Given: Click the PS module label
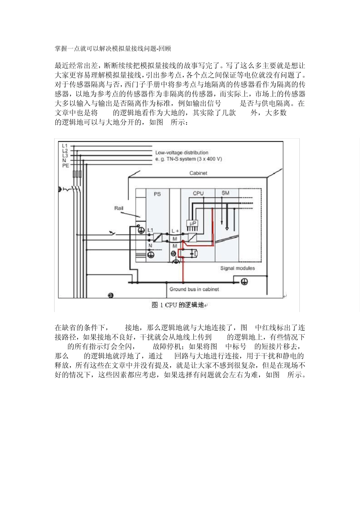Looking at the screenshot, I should point(157,194).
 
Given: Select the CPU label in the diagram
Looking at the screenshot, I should point(198,193).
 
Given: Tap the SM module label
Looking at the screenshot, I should point(225,193).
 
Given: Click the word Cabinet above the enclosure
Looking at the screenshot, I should point(198,173).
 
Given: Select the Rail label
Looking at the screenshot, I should point(119,208).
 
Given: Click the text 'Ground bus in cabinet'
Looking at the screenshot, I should point(194,289).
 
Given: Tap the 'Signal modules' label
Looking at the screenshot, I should point(238,268).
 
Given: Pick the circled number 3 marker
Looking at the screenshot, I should point(111,295).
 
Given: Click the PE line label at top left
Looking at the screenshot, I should point(65,165).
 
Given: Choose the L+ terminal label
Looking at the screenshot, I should point(175,231).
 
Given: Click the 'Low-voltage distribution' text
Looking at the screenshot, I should point(182,153).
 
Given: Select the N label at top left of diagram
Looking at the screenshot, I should point(64,160).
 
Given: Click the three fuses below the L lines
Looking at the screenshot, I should point(77,174).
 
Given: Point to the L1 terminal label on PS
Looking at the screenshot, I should point(150,230).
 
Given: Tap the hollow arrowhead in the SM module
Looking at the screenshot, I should point(227,228).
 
